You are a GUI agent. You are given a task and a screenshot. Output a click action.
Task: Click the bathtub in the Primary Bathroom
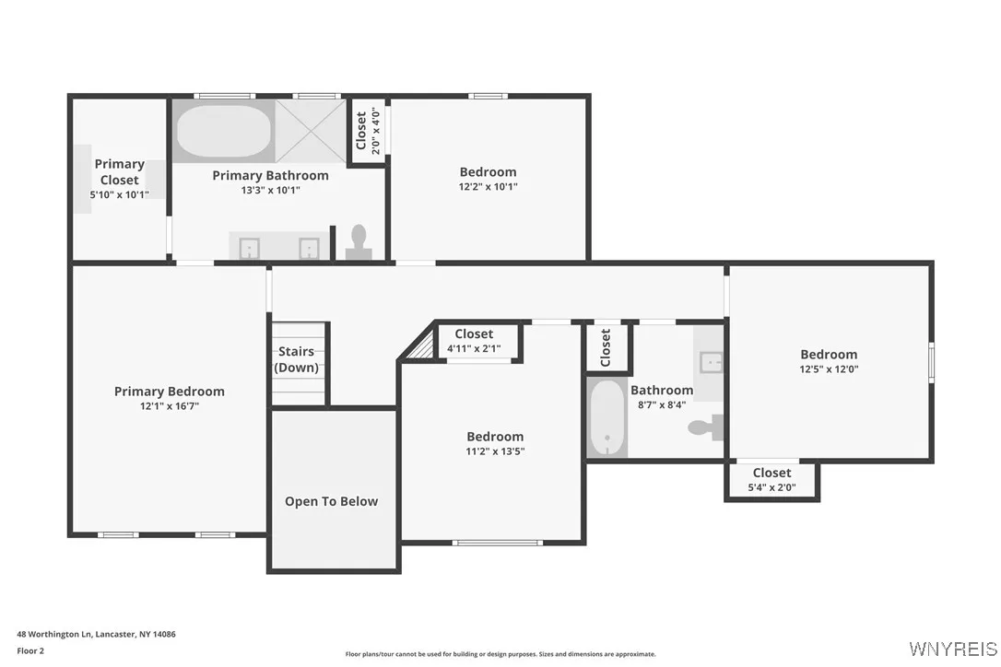pos(224,133)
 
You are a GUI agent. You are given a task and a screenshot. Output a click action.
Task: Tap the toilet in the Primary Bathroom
pos(358,243)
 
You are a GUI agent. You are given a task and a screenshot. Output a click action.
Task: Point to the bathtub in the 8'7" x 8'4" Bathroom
pos(606,418)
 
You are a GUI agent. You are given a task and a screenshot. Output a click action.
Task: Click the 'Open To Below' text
pos(331,501)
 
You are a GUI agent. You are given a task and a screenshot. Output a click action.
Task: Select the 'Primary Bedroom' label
pos(169,392)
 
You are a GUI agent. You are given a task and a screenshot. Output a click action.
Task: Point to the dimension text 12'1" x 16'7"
pos(169,406)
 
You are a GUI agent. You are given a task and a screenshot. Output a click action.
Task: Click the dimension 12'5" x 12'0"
pos(829,369)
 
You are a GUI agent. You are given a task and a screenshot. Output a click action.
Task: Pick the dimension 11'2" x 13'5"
pos(495,451)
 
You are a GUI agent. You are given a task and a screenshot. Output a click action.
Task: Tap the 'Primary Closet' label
pos(119,172)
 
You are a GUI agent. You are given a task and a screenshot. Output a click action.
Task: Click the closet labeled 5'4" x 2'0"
pos(771,480)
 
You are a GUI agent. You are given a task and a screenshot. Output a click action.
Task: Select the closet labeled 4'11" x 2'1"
pos(474,341)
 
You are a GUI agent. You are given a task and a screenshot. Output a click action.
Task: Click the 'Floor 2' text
pos(30,650)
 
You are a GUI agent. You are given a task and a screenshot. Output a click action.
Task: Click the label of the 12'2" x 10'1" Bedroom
pos(488,172)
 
